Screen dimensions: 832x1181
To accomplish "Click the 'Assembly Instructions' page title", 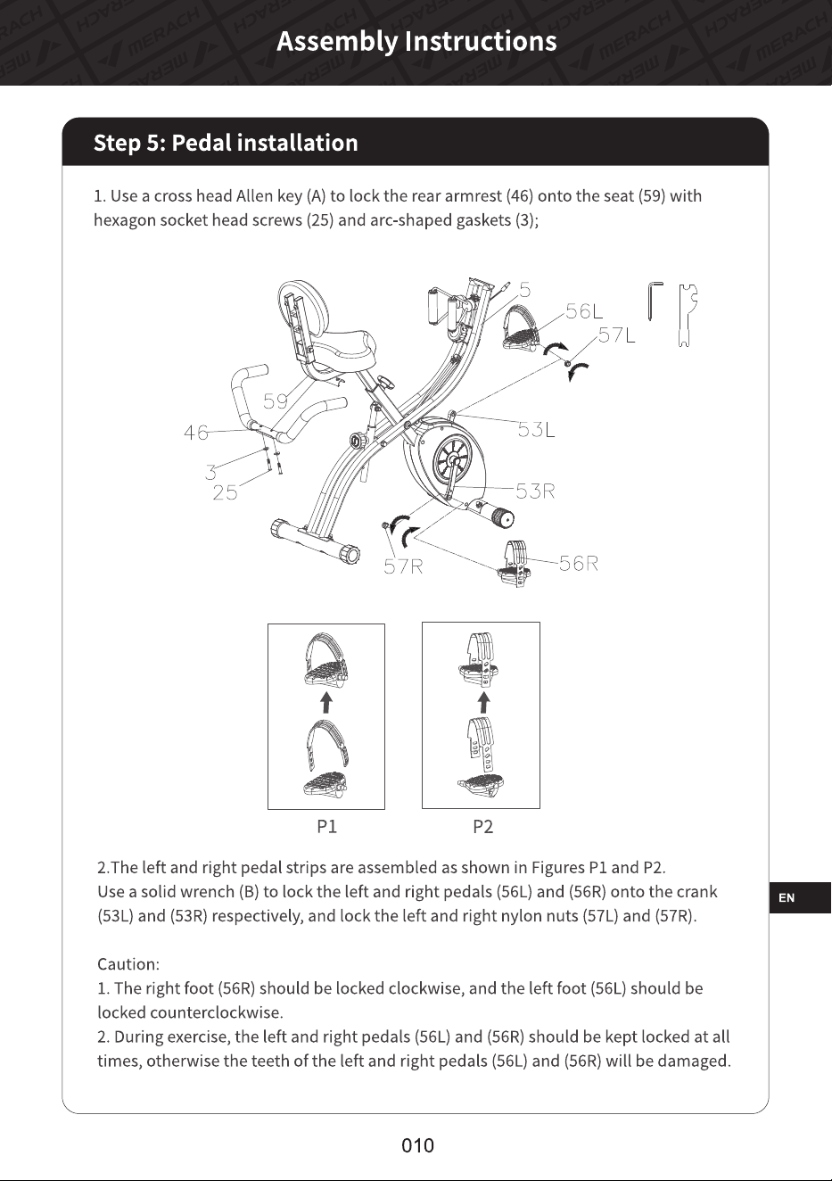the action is coord(416,42).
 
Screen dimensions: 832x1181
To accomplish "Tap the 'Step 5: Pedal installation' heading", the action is coord(226,143).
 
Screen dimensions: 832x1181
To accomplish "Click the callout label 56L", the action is coord(584,311).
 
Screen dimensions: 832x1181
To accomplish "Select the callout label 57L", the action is coord(617,334).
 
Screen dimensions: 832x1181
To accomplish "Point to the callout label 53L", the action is coord(536,430).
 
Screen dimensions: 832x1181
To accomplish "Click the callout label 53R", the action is coord(535,491).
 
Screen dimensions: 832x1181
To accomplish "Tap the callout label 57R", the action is coord(403,566).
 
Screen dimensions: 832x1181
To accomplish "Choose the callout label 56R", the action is coord(579,564).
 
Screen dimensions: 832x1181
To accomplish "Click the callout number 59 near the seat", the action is coord(276,401).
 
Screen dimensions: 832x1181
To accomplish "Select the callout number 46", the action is coord(196,433).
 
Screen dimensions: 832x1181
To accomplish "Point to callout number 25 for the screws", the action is coord(225,492).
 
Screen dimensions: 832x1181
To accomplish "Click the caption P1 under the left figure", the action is coord(327,826).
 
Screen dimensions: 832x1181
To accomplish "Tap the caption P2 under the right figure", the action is coord(483,826).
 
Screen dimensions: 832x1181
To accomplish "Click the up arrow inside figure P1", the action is coord(327,702).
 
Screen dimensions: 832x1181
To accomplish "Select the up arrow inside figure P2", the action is coord(483,702).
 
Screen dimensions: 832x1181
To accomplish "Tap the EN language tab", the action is coord(800,897).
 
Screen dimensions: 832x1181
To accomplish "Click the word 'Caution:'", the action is coord(128,964).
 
